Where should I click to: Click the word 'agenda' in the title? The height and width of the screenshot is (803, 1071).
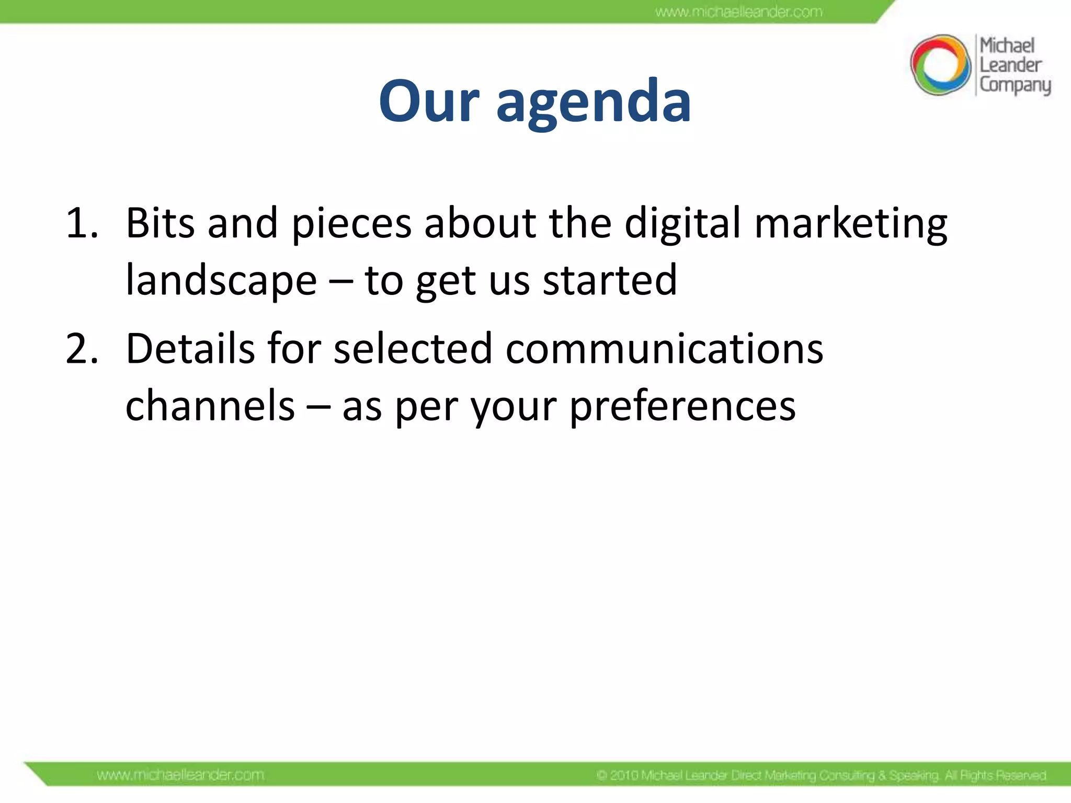(594, 102)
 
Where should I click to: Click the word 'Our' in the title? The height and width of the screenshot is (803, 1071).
(429, 101)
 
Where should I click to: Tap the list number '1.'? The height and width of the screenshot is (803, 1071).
(82, 224)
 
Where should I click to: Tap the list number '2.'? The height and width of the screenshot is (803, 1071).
(82, 349)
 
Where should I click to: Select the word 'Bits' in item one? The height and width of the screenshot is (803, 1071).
(160, 223)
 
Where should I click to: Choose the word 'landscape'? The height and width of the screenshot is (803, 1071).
(221, 281)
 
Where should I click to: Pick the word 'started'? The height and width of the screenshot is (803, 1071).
(610, 280)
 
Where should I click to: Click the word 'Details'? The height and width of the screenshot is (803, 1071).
(190, 349)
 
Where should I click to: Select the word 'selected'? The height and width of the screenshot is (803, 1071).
(413, 349)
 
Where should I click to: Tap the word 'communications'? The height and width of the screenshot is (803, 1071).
(664, 349)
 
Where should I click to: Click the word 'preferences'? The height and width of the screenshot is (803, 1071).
(682, 407)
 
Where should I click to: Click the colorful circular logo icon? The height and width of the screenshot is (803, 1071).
(940, 65)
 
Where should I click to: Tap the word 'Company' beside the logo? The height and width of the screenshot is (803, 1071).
(1015, 85)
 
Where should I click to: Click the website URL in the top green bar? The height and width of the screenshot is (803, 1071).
(738, 12)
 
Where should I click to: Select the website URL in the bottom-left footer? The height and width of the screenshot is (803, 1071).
(180, 775)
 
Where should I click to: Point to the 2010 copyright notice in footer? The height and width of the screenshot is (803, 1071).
(821, 775)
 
